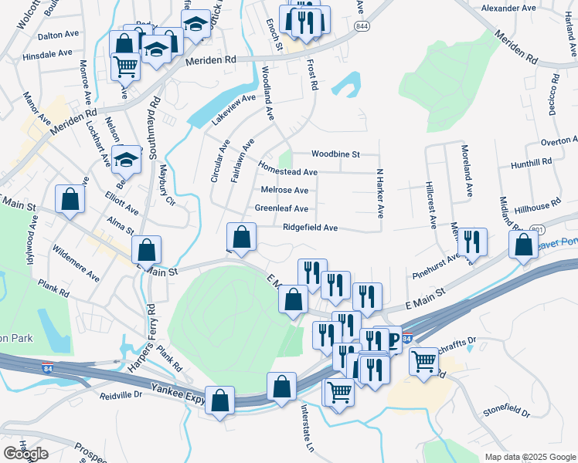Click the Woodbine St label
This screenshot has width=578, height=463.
(335, 154)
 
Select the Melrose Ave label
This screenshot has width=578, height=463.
(284, 190)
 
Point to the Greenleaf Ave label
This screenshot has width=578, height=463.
(281, 208)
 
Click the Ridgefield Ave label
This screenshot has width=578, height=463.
(310, 228)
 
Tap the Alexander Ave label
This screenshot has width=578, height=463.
(508, 8)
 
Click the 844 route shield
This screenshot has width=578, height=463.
(362, 25)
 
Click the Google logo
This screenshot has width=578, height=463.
(26, 454)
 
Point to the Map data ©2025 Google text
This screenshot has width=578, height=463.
(529, 457)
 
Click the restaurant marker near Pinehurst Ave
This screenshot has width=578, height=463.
(473, 242)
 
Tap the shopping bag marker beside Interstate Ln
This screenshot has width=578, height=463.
(282, 387)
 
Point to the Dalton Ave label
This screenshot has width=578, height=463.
(39, 35)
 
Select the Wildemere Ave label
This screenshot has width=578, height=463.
(76, 263)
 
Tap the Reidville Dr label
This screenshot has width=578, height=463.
(121, 394)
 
